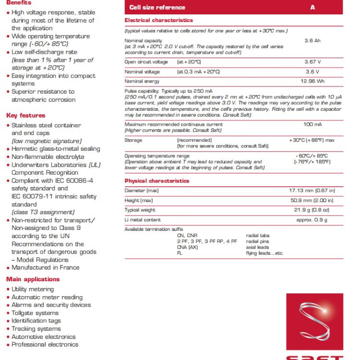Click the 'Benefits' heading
click(x=19, y=3)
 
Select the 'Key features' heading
click(x=25, y=115)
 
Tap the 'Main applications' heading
click(x=33, y=279)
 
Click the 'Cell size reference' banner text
click(x=157, y=8)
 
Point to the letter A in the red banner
click(x=312, y=8)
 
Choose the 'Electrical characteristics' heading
click(x=158, y=20)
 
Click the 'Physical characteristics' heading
click(x=157, y=181)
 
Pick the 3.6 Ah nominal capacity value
click(x=312, y=41)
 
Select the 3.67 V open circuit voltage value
click(x=312, y=62)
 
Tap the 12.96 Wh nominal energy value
click(x=312, y=81)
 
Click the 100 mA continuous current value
click(x=312, y=125)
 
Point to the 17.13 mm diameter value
click(x=312, y=191)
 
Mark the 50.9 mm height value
click(x=312, y=200)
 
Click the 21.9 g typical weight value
click(x=312, y=210)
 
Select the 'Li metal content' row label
click(x=143, y=219)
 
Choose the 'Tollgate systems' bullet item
click(x=35, y=312)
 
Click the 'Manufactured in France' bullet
click(x=45, y=267)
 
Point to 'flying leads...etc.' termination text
click(x=264, y=253)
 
